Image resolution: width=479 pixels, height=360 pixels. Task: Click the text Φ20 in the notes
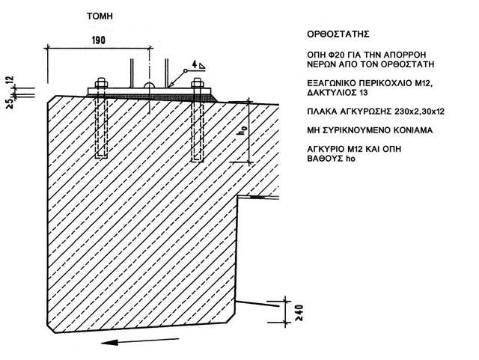(347, 55)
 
